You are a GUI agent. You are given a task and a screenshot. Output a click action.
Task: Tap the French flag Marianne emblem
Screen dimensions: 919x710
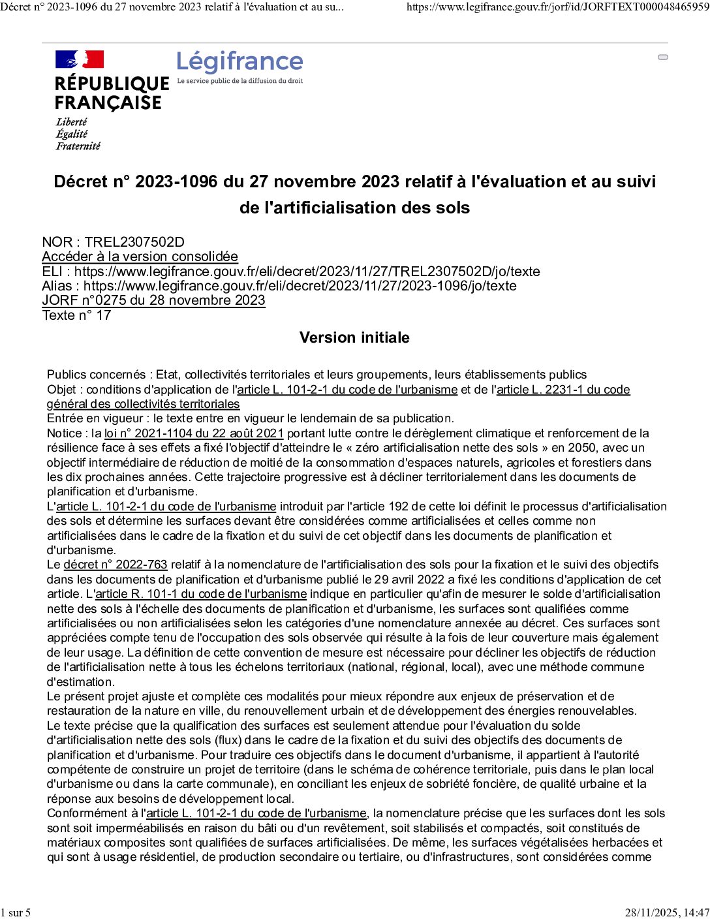point(80,59)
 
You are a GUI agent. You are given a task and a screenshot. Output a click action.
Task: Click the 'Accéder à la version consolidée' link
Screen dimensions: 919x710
point(140,257)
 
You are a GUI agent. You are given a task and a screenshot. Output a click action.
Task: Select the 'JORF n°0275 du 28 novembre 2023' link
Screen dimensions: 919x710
point(153,300)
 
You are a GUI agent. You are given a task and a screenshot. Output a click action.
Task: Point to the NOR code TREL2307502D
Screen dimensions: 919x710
point(134,242)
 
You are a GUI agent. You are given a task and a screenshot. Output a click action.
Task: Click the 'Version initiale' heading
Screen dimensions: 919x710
point(354,337)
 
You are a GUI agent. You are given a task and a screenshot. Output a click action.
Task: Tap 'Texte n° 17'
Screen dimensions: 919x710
point(76,315)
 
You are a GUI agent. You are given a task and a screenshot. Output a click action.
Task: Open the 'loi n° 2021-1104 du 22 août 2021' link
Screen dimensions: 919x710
point(194,433)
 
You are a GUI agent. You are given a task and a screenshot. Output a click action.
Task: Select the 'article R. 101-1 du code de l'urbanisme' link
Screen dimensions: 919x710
point(201,594)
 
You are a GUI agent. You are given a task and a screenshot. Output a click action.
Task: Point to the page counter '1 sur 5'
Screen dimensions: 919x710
point(16,912)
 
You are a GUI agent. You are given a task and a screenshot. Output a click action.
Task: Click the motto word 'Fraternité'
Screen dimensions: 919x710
point(78,146)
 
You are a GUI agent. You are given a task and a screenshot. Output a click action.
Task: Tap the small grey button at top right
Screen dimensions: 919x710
point(663,57)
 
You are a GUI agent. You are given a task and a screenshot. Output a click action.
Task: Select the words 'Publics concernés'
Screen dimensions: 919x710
point(96,375)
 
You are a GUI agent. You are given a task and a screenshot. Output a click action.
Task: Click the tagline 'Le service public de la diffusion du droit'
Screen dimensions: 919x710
point(240,81)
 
